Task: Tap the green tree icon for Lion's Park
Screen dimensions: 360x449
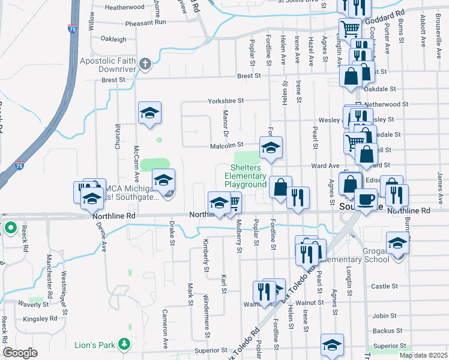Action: (x=124, y=344)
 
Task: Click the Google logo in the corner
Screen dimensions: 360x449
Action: (x=20, y=353)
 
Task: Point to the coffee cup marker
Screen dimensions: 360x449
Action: (x=365, y=200)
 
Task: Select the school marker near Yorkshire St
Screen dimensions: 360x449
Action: (x=150, y=113)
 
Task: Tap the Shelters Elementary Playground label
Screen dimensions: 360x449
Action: (x=245, y=176)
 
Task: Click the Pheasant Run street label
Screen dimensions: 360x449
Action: (x=145, y=23)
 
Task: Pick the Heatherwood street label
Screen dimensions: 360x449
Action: (x=124, y=7)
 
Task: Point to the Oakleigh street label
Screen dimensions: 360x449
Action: (x=113, y=39)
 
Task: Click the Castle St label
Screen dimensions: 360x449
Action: (x=381, y=287)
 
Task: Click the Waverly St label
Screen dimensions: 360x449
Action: (x=29, y=304)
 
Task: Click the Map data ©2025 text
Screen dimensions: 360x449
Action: (x=423, y=355)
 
